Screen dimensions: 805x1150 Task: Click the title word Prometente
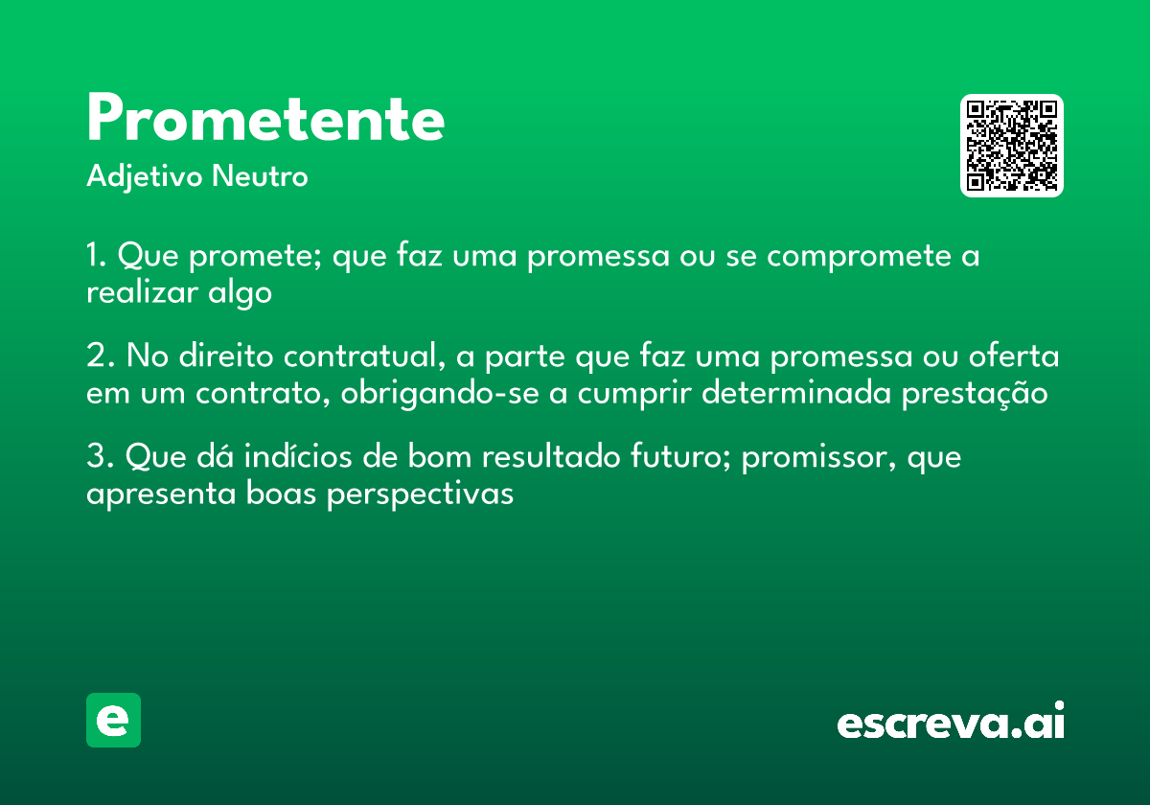tap(265, 121)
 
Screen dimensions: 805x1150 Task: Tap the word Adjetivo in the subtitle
tap(145, 177)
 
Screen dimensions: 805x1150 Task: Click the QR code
tap(1012, 146)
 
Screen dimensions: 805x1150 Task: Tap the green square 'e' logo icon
tap(113, 720)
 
